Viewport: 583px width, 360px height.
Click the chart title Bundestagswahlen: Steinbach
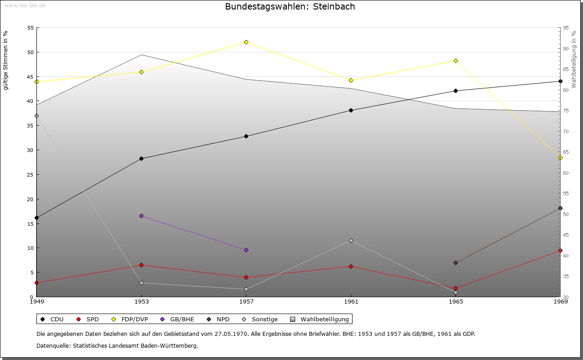tap(290, 7)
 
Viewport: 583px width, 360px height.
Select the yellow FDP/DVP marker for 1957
tap(246, 42)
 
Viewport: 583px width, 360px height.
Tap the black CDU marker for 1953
tap(142, 159)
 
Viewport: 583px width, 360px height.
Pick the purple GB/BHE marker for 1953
tap(142, 216)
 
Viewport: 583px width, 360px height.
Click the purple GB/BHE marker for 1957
tap(246, 250)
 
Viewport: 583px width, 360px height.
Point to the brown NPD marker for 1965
tap(456, 263)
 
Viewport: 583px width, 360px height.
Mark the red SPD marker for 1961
tap(351, 267)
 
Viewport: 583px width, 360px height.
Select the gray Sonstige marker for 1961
tap(351, 241)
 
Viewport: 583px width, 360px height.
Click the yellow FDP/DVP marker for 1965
tap(456, 61)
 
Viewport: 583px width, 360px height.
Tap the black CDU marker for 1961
tap(351, 111)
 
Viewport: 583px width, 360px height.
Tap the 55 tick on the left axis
tap(31, 28)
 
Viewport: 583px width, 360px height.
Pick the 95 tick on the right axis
tap(566, 28)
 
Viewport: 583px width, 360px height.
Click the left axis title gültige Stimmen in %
tap(6, 60)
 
